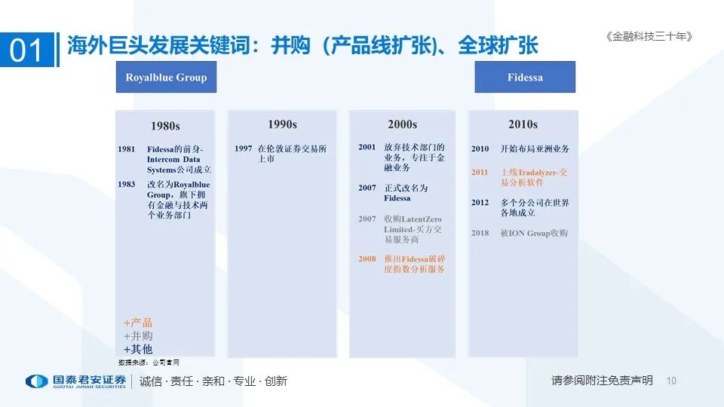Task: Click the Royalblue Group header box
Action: tap(166, 78)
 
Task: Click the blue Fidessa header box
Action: tap(525, 78)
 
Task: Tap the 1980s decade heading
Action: tap(165, 126)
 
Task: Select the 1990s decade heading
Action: tap(282, 124)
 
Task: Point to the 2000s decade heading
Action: tap(402, 124)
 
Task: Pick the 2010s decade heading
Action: tap(523, 124)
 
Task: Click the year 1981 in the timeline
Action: tap(127, 149)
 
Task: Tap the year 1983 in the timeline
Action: tap(127, 185)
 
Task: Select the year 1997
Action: tap(243, 148)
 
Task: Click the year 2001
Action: tap(367, 148)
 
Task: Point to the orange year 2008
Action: tap(367, 259)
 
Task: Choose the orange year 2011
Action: tap(480, 173)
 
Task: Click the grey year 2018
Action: tap(480, 234)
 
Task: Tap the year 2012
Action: tap(480, 203)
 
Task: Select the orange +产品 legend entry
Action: tap(138, 323)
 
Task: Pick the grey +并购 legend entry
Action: tap(138, 336)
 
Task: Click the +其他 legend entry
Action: tap(138, 349)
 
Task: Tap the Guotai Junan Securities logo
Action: tap(75, 381)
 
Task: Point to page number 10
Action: tap(672, 381)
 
